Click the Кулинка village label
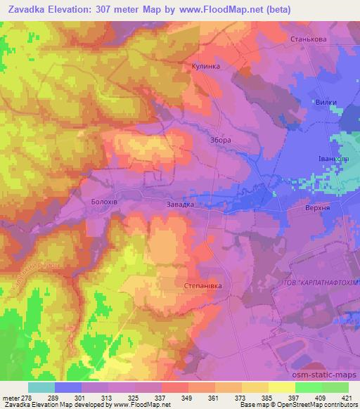[206, 66]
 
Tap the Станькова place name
[307, 40]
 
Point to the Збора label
[220, 140]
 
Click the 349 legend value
[186, 397]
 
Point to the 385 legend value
[266, 397]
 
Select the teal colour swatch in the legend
[41, 387]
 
